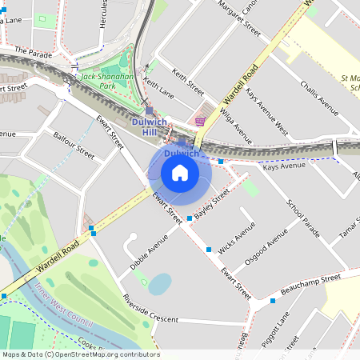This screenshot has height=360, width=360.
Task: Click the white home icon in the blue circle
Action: click(x=180, y=173)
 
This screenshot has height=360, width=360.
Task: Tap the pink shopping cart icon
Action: click(x=200, y=122)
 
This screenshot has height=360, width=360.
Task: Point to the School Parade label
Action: click(x=303, y=220)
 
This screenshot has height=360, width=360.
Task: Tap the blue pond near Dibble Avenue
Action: click(x=160, y=283)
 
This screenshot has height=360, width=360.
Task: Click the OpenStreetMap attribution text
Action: click(x=80, y=354)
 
